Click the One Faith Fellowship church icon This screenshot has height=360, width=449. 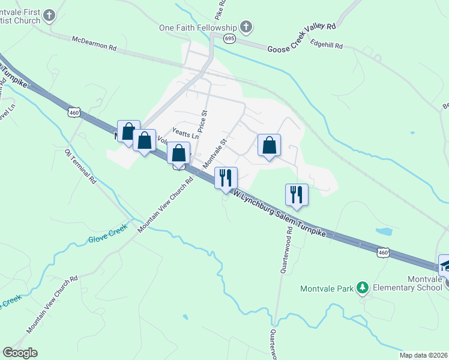click(245, 27)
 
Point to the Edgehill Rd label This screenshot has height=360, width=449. click(327, 44)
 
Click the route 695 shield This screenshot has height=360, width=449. click(229, 38)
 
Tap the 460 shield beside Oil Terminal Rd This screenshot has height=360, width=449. click(74, 112)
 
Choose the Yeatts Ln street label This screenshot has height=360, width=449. click(185, 134)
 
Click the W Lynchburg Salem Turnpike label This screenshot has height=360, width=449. click(281, 213)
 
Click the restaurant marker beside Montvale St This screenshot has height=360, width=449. click(226, 178)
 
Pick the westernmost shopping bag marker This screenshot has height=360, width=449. click(128, 131)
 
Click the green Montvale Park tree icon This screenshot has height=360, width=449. click(362, 289)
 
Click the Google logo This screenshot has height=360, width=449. click(20, 353)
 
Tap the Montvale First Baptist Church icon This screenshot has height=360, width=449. click(49, 15)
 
